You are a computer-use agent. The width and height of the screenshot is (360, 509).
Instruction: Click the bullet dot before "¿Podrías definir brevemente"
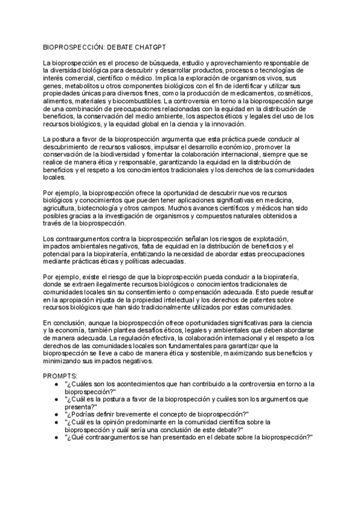(x=55, y=414)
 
